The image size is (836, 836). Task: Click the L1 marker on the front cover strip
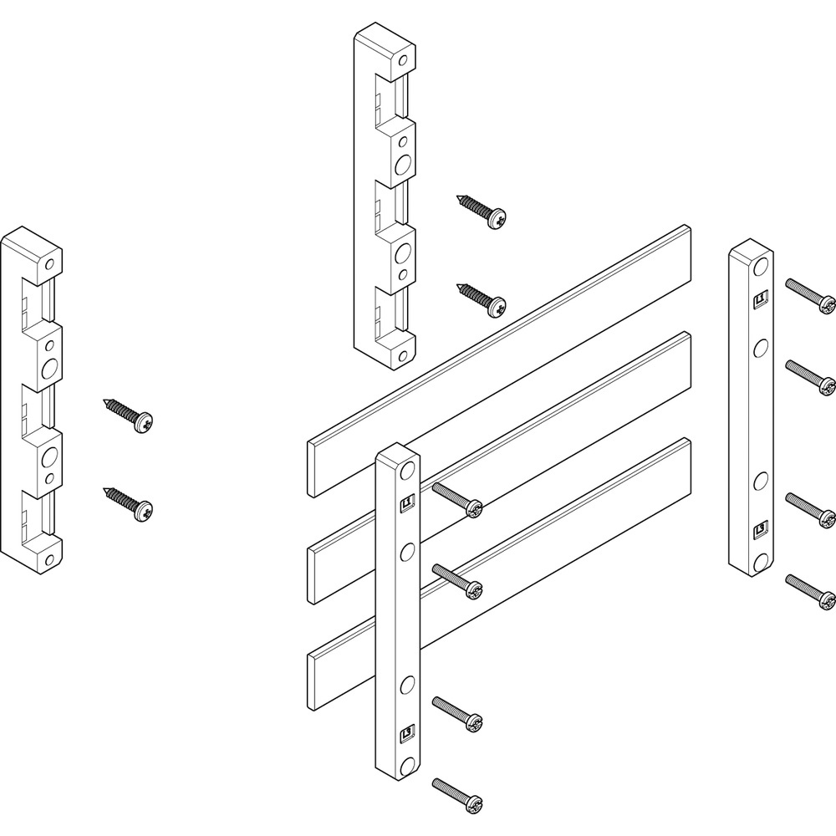click(x=408, y=502)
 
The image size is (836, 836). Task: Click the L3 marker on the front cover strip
click(x=408, y=733)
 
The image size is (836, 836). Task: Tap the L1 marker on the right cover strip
click(x=761, y=297)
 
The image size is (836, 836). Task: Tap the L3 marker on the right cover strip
click(x=761, y=528)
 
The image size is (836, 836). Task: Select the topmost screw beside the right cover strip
click(x=811, y=293)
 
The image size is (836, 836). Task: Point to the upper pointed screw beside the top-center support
click(x=484, y=210)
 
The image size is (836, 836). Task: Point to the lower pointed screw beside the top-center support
click(x=482, y=299)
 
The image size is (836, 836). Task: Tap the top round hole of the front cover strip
click(x=407, y=473)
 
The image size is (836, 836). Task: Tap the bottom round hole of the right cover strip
click(x=761, y=558)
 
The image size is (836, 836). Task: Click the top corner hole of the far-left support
click(x=50, y=264)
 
